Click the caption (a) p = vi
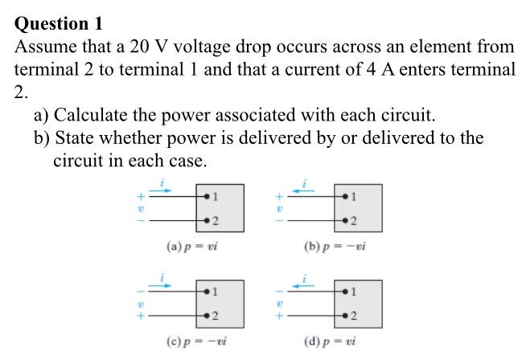(191, 247)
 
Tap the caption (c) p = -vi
(191, 342)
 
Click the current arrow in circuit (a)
(161, 190)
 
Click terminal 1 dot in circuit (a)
(208, 196)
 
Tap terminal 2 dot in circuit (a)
(208, 220)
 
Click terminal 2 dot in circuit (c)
(208, 316)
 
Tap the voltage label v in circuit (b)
(279, 208)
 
